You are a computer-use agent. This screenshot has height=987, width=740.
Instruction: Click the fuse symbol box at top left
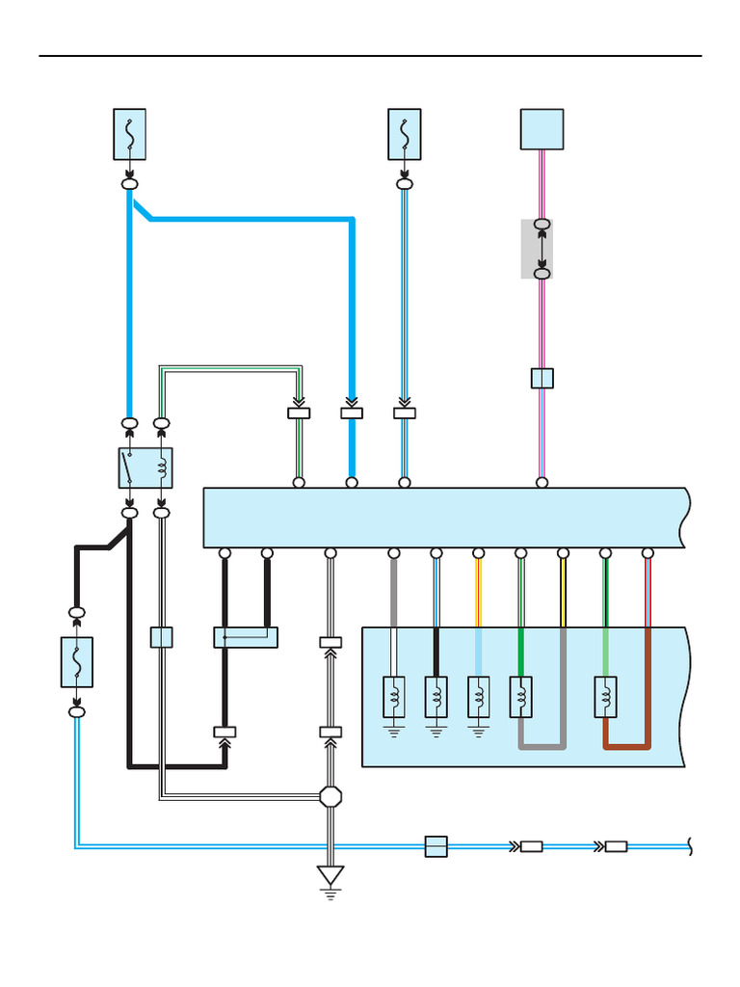[x=129, y=134]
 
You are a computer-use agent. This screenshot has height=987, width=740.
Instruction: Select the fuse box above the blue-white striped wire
[x=404, y=134]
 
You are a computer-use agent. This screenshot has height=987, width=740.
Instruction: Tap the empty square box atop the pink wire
[x=542, y=129]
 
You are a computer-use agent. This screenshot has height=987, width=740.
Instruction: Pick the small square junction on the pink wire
[x=542, y=378]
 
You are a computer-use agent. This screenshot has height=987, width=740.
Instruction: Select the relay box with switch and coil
[x=145, y=467]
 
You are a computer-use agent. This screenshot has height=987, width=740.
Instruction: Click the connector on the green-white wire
[x=299, y=413]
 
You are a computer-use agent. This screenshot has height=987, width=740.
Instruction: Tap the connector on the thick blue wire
[x=352, y=413]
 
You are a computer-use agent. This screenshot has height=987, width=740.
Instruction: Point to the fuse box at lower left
[x=77, y=662]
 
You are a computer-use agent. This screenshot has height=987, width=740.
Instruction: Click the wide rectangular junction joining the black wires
[x=245, y=637]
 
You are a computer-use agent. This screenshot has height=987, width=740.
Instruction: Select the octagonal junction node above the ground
[x=330, y=796]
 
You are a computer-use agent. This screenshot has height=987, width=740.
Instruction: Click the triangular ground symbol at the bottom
[x=330, y=876]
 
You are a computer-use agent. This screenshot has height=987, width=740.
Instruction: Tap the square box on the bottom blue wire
[x=436, y=846]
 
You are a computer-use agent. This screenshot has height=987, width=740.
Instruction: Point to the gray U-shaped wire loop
[x=542, y=744]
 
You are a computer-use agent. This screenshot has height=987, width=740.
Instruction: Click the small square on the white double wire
[x=161, y=637]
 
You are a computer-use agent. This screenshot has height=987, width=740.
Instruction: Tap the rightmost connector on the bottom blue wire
[x=616, y=846]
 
